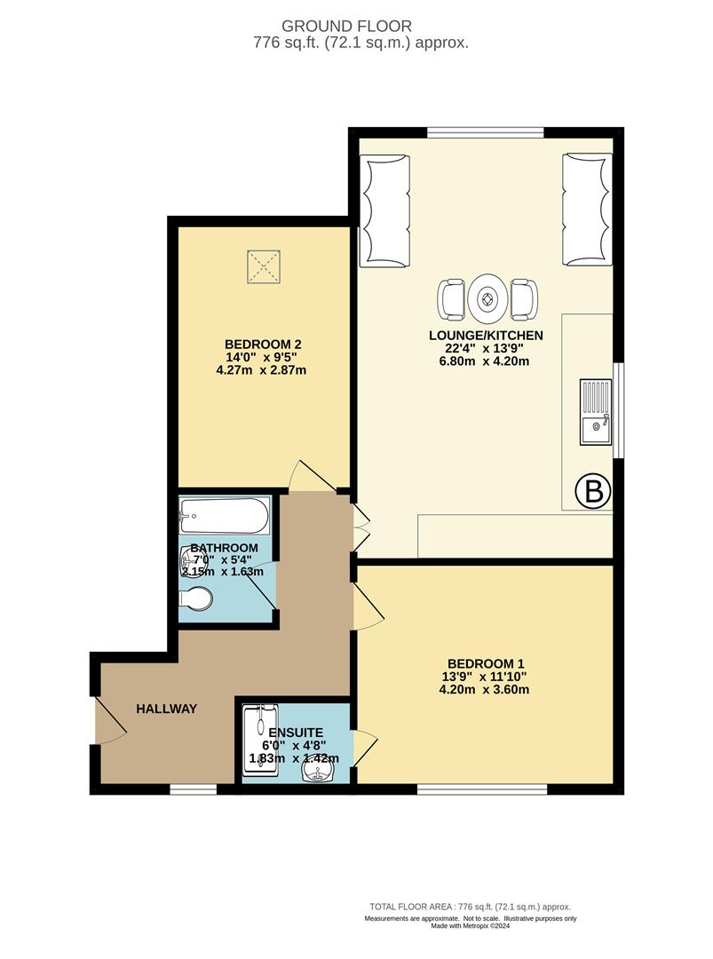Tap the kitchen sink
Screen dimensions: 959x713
[595, 411]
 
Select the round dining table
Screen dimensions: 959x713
[487, 300]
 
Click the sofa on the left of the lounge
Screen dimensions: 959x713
[384, 210]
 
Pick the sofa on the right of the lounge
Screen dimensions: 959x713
[587, 210]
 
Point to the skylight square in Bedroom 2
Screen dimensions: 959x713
[262, 264]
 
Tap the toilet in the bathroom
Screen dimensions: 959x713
[197, 603]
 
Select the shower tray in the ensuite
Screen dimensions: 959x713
[261, 741]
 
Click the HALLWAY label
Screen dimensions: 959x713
[166, 709]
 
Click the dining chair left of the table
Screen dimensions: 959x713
[451, 300]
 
